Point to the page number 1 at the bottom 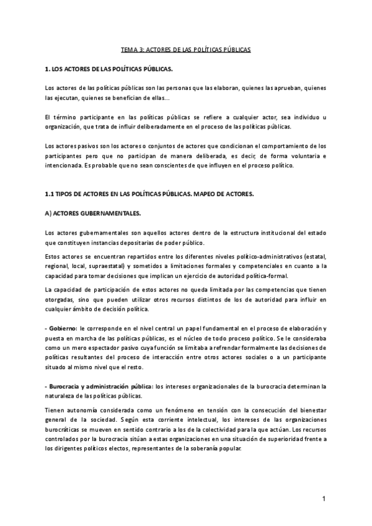pyautogui.click(x=324, y=499)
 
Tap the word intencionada pyautogui.click(x=66, y=166)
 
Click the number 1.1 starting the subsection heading pyautogui.click(x=51, y=194)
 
